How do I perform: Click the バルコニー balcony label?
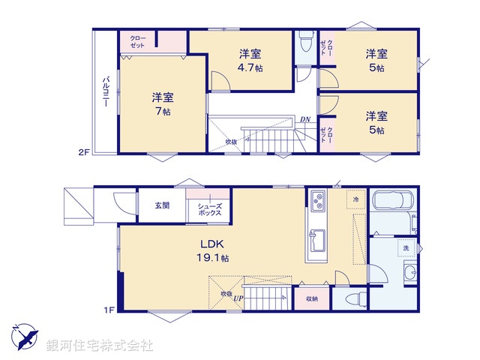[106, 92]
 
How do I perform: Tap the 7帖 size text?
[158, 111]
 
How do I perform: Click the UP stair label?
[238, 298]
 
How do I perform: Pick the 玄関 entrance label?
[162, 205]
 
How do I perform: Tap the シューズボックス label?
[209, 209]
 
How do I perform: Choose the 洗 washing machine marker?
[405, 247]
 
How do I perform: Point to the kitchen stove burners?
[317, 202]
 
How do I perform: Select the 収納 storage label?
[311, 298]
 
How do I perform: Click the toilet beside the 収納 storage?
[355, 299]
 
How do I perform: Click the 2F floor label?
[84, 152]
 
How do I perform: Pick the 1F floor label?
[108, 308]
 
